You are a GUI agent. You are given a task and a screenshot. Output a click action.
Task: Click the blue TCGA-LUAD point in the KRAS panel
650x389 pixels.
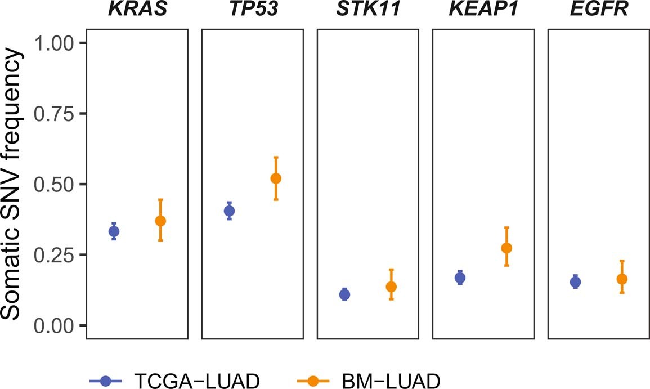click(x=114, y=231)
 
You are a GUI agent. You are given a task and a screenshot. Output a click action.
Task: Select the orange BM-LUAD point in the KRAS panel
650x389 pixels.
click(x=160, y=221)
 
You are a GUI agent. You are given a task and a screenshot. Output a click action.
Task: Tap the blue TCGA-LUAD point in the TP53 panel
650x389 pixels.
click(x=229, y=211)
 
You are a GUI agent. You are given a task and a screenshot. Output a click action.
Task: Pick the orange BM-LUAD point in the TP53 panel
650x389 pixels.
click(x=276, y=178)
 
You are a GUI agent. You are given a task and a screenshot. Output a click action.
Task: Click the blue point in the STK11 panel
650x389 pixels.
click(x=344, y=294)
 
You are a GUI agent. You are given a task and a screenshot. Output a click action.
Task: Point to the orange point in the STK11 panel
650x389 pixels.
click(x=391, y=287)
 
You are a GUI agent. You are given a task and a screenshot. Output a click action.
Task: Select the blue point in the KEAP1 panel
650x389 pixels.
click(x=460, y=278)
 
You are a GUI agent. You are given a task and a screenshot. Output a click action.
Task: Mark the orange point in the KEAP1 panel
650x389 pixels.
click(x=506, y=248)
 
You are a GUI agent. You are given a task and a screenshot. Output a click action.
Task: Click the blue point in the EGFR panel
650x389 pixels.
click(x=575, y=282)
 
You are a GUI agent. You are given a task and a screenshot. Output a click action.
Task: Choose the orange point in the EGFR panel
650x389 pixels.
click(x=622, y=279)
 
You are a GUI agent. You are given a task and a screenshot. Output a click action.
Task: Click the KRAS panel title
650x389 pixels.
click(x=137, y=10)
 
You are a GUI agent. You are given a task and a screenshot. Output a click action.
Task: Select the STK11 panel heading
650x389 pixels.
click(x=367, y=10)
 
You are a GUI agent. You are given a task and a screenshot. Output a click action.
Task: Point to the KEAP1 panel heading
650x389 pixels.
click(x=483, y=10)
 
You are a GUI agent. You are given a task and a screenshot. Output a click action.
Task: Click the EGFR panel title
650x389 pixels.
click(x=598, y=10)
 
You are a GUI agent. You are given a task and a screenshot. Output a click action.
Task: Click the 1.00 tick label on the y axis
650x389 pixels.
click(x=55, y=43)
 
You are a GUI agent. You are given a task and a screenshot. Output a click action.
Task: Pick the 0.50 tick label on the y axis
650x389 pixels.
click(x=55, y=185)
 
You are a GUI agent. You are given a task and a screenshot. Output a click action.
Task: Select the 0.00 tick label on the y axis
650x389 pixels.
click(x=55, y=325)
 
